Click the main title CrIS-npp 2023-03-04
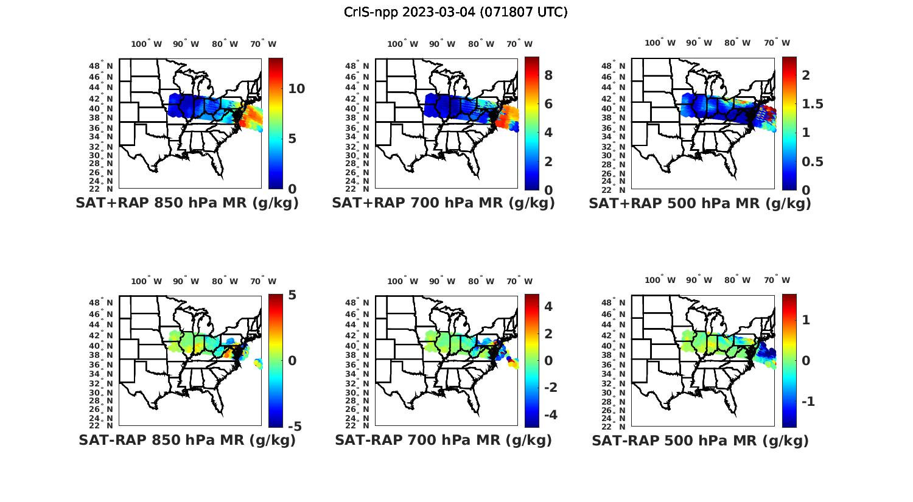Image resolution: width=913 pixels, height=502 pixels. (455, 12)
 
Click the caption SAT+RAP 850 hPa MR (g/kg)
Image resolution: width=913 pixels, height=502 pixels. (187, 204)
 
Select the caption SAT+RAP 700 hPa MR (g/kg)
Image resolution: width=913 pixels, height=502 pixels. (443, 204)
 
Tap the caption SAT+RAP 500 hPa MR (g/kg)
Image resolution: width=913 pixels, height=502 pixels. (700, 204)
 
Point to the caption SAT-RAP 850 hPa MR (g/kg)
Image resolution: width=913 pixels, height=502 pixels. (187, 441)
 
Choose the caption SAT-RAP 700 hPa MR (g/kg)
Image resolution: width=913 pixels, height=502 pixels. (443, 441)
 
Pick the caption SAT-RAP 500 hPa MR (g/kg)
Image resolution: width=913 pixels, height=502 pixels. (700, 441)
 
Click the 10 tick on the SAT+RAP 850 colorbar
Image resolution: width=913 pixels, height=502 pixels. (296, 89)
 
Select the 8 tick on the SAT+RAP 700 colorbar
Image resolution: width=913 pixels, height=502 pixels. (548, 75)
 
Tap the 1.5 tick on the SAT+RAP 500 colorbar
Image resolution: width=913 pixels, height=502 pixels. (812, 104)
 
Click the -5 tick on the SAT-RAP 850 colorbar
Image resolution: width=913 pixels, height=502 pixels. (295, 427)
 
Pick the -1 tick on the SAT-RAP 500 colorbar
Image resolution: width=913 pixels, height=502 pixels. (808, 402)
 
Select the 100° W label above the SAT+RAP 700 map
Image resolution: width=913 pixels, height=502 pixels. (402, 44)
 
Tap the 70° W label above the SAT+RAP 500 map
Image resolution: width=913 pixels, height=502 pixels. (777, 43)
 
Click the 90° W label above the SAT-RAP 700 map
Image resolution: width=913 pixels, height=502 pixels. (442, 281)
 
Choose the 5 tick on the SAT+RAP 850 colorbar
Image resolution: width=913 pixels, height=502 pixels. (292, 139)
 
